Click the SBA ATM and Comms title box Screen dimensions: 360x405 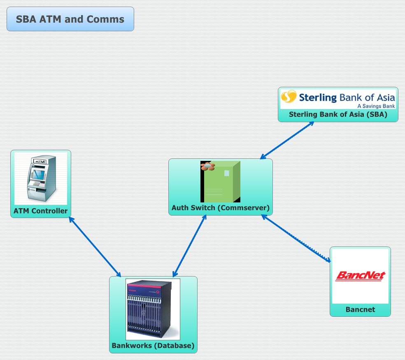(70, 19)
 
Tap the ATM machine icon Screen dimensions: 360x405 (41, 178)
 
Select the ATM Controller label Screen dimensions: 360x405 (40, 211)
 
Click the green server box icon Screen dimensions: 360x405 (221, 181)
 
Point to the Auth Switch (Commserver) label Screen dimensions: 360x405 (221, 208)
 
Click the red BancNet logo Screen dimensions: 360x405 (360, 275)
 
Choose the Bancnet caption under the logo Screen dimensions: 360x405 (360, 309)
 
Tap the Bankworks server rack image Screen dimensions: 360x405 (153, 309)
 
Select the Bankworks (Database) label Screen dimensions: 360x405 (153, 345)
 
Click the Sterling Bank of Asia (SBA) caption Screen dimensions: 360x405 (338, 114)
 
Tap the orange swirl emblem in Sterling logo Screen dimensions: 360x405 (289, 97)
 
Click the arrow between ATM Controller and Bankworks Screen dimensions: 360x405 (95, 247)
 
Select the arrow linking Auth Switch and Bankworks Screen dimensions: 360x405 (190, 246)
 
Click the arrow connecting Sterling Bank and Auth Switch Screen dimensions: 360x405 (287, 140)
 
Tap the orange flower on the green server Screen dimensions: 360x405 (207, 166)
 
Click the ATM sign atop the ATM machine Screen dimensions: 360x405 (40, 162)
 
